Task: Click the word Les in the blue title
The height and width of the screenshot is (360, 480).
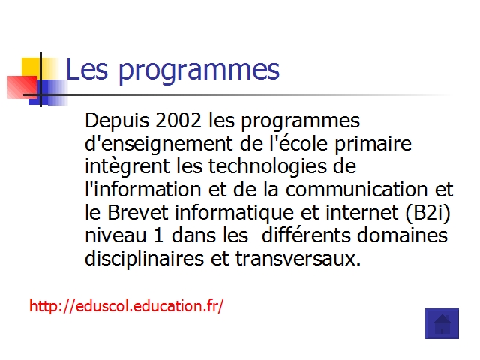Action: [x=87, y=69]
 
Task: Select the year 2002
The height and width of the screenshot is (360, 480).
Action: [x=178, y=120]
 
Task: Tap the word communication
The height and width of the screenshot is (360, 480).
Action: [x=357, y=189]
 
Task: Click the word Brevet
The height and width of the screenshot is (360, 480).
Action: [x=138, y=212]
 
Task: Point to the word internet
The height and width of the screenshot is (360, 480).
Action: [x=361, y=212]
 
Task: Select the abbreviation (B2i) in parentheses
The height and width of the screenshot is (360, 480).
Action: [x=428, y=213]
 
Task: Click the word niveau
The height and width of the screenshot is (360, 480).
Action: [x=115, y=235]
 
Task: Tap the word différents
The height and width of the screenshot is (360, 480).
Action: [x=306, y=235]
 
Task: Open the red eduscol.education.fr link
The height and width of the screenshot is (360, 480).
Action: [x=127, y=305]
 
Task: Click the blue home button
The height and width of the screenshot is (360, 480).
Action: [x=442, y=323]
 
